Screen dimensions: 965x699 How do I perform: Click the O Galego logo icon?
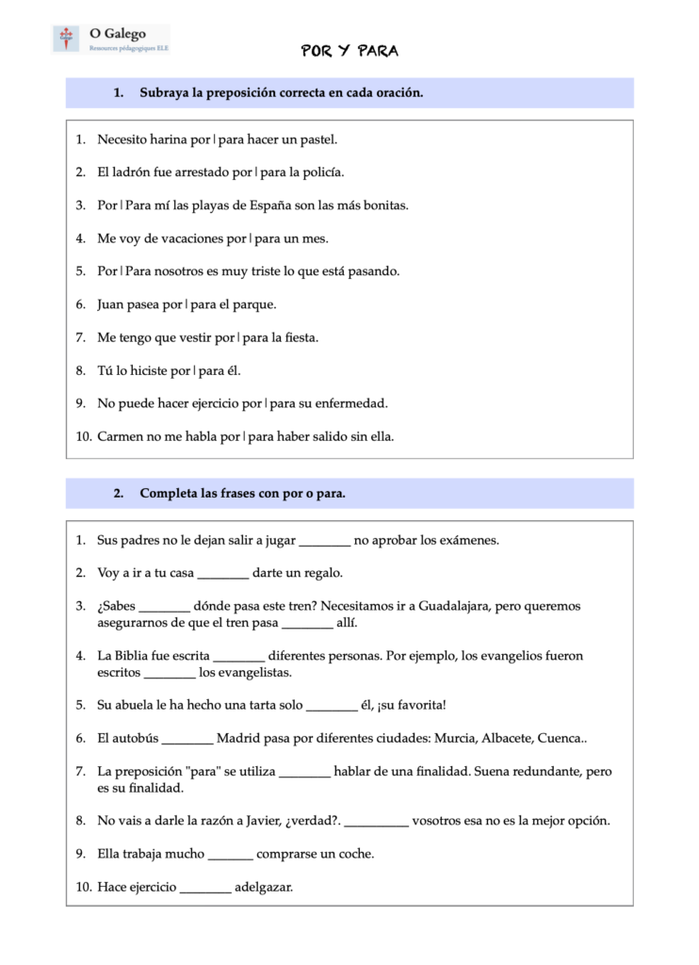67,39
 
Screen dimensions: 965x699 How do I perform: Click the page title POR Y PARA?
349,51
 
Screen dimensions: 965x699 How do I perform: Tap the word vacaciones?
189,238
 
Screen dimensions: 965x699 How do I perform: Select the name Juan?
112,304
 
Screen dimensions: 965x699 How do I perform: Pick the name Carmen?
121,436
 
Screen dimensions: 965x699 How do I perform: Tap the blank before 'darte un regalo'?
223,573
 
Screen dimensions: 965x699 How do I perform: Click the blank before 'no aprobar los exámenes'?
324,541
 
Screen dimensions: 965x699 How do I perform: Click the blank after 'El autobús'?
187,739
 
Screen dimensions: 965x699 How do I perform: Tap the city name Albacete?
509,739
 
